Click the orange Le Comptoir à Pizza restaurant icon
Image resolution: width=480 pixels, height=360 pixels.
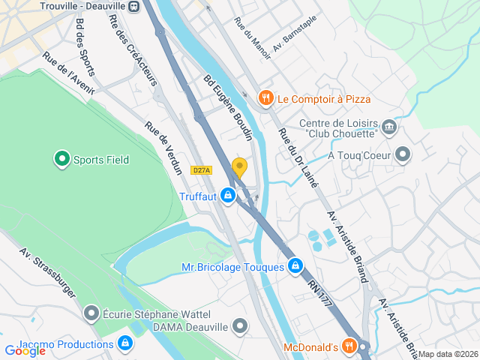pyautogui.click(x=265, y=98)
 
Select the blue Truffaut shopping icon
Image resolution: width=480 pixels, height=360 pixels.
pyautogui.click(x=228, y=196)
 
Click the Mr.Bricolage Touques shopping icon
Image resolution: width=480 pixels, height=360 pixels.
pyautogui.click(x=296, y=266)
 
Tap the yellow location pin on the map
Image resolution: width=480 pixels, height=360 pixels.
pyautogui.click(x=239, y=168)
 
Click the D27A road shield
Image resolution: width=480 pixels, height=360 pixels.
pyautogui.click(x=201, y=170)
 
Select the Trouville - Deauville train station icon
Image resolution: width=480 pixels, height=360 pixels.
pyautogui.click(x=133, y=6)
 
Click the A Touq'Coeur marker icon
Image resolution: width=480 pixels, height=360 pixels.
pyautogui.click(x=403, y=155)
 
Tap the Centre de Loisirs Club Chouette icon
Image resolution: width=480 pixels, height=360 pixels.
pyautogui.click(x=388, y=126)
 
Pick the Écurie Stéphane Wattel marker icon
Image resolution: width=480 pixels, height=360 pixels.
pyautogui.click(x=91, y=312)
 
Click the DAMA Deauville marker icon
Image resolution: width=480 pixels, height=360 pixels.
pyautogui.click(x=240, y=326)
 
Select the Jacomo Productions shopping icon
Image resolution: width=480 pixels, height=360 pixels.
pyautogui.click(x=125, y=344)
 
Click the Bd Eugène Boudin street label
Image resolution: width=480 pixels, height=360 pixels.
pyautogui.click(x=227, y=106)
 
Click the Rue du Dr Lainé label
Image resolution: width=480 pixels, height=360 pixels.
pyautogui.click(x=298, y=157)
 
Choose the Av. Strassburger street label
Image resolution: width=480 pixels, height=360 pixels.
pyautogui.click(x=48, y=273)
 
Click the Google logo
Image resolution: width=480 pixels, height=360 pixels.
pyautogui.click(x=25, y=350)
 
